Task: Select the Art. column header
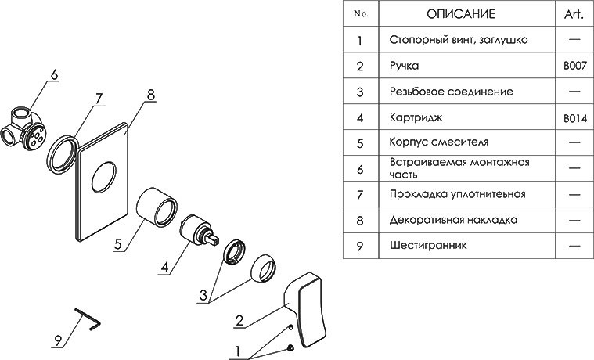(574, 14)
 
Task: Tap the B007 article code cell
(574, 67)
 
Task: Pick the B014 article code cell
(574, 118)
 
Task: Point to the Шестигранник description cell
(428, 246)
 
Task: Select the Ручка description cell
(405, 67)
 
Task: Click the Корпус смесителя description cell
(438, 143)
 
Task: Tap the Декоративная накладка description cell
(452, 221)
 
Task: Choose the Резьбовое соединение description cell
(451, 92)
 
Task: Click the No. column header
(360, 14)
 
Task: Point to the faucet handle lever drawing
(311, 309)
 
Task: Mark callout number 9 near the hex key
(57, 340)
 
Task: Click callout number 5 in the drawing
(118, 244)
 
